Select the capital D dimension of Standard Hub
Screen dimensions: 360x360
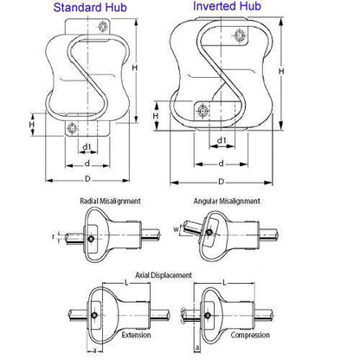pyautogui.click(x=86, y=179)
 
